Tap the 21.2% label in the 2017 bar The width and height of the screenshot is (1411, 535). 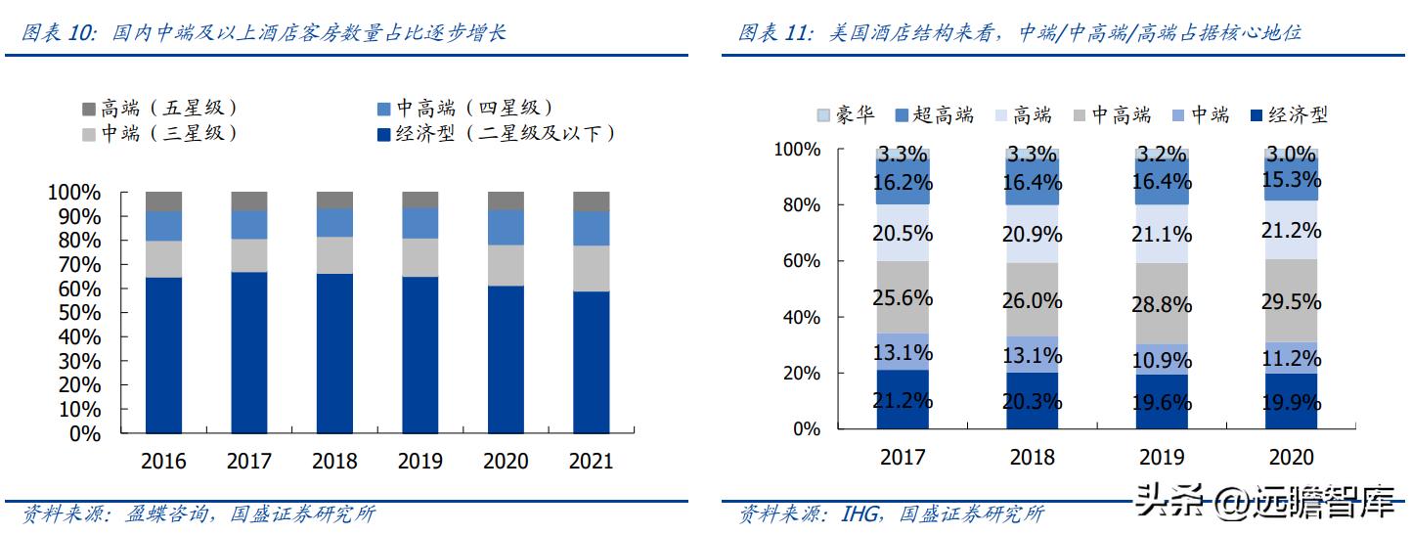point(903,401)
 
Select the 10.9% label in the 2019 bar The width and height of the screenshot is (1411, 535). point(1164,359)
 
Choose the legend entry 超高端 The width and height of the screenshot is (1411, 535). point(933,115)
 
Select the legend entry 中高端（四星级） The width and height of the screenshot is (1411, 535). point(464,108)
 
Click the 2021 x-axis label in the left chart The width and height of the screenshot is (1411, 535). point(590,461)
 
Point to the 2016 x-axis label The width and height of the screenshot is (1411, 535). point(163,461)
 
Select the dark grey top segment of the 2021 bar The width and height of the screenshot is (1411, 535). point(591,201)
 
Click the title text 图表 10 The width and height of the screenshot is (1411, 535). point(58,33)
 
